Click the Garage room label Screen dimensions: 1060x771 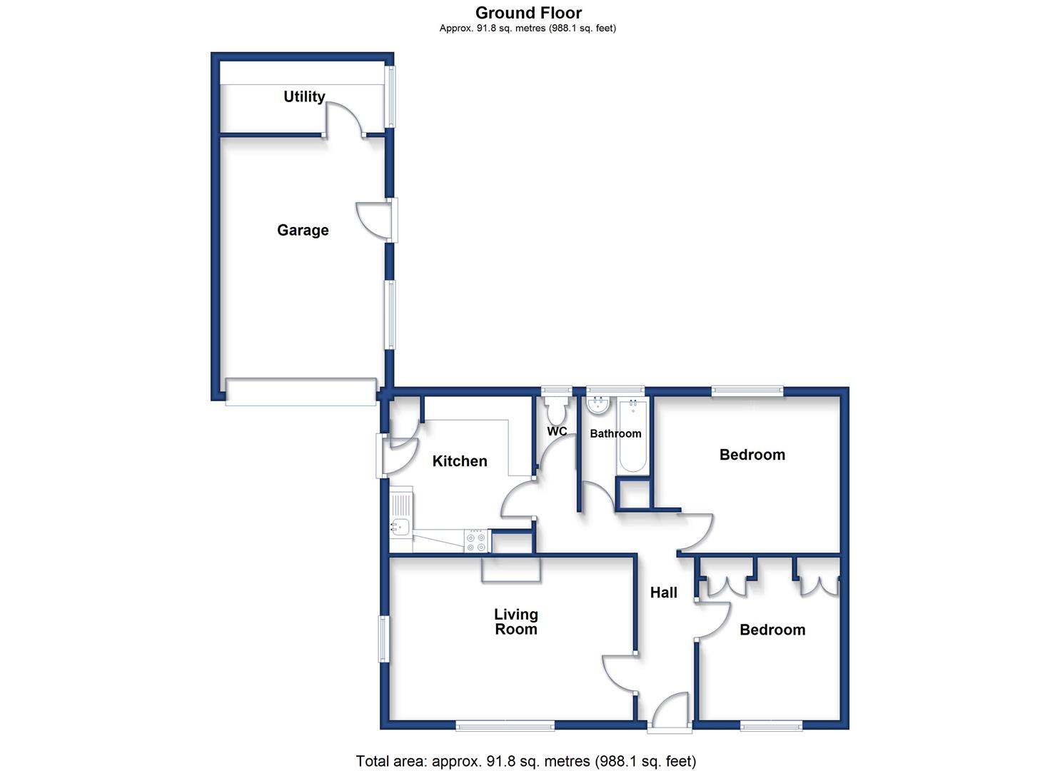click(x=303, y=230)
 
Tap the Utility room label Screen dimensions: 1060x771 click(x=304, y=96)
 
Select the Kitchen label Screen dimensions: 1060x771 click(x=460, y=461)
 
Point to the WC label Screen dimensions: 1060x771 click(x=557, y=431)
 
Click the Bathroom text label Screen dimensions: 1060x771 click(x=615, y=433)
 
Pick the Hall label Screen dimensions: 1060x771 click(x=663, y=593)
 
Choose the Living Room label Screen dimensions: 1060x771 click(x=516, y=621)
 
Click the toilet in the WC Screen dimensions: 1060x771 click(x=557, y=410)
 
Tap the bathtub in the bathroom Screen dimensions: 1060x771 click(x=632, y=436)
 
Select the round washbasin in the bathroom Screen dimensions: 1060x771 click(x=599, y=405)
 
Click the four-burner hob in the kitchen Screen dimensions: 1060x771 click(x=477, y=541)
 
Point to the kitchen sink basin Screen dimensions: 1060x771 click(x=400, y=527)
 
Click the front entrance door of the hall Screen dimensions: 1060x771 click(x=670, y=712)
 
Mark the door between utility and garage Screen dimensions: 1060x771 click(x=345, y=120)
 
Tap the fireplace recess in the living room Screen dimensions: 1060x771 click(x=510, y=569)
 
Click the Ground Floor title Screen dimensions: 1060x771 click(x=529, y=12)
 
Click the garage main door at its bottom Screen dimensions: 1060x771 click(x=301, y=392)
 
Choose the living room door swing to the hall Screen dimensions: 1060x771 click(x=620, y=673)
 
